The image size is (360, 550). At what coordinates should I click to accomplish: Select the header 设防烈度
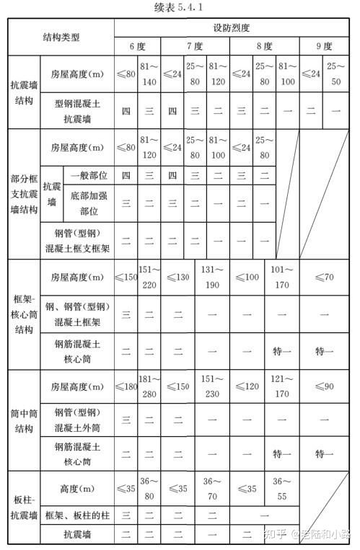click(231, 28)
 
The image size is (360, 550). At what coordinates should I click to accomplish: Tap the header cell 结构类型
click(61, 37)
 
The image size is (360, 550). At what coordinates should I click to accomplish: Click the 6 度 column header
click(138, 47)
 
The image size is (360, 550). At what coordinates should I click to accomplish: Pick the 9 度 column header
click(324, 47)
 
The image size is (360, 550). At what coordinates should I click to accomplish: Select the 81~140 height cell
click(149, 73)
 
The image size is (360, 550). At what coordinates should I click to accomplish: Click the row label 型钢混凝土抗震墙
click(77, 111)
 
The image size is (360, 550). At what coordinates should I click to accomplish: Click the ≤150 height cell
click(126, 278)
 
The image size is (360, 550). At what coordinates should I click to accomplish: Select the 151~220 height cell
click(149, 278)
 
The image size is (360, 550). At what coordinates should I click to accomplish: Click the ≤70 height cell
click(324, 278)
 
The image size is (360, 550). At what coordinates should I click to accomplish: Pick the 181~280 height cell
click(149, 389)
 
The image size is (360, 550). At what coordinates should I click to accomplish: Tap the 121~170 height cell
click(281, 389)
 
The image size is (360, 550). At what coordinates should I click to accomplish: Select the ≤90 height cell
click(324, 389)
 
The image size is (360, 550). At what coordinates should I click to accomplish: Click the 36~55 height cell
click(281, 489)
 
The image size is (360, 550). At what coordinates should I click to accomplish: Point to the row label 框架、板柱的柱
click(77, 515)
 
